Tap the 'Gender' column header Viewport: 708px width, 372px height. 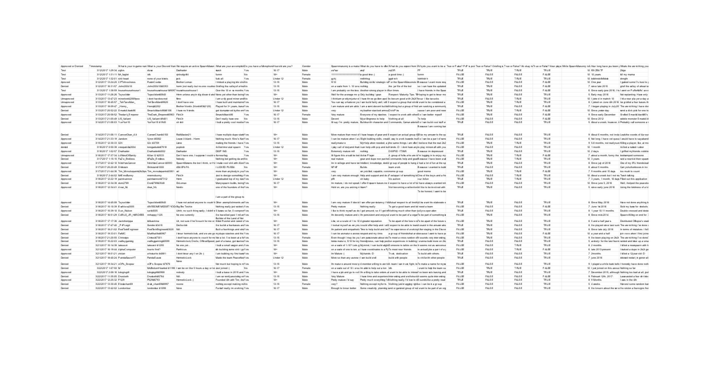coord(306,66)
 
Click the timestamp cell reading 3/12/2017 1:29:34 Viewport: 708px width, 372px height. coord(101,70)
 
